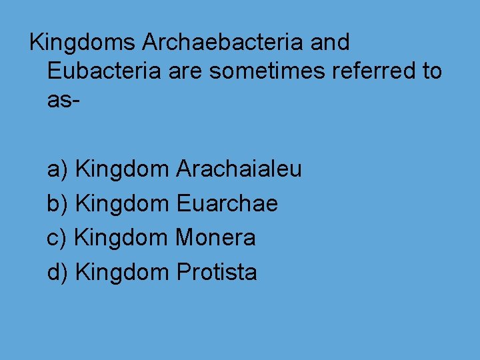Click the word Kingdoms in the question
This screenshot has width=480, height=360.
tap(83, 43)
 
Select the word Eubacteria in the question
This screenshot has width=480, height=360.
tap(104, 71)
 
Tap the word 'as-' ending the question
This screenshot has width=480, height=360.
tap(64, 100)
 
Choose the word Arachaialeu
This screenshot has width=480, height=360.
tap(239, 169)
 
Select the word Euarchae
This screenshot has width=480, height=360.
tap(227, 203)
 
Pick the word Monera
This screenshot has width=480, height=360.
tap(216, 237)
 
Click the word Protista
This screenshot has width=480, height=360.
tap(217, 272)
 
